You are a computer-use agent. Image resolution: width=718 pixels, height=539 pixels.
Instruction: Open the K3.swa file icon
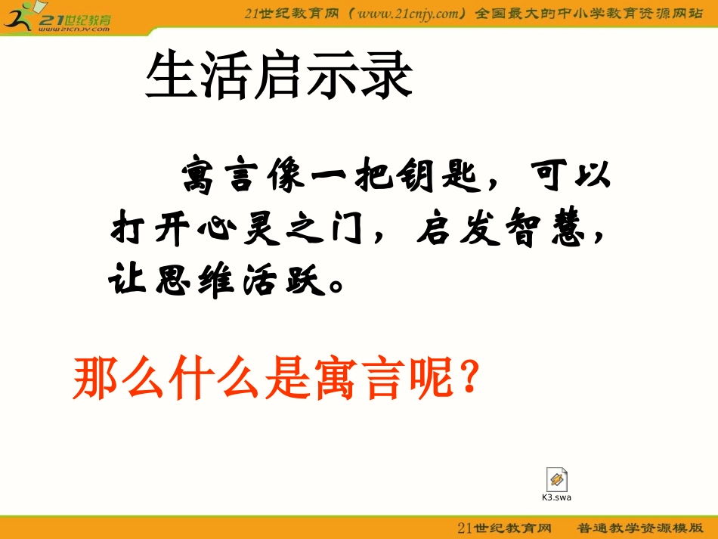pyautogui.click(x=556, y=479)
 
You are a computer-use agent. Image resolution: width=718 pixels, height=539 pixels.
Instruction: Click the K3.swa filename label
pyautogui.click(x=556, y=497)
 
